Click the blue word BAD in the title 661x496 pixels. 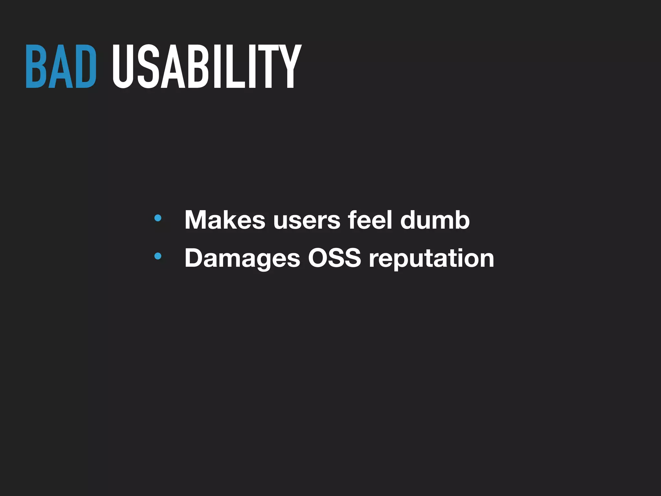61,67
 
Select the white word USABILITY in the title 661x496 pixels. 207,67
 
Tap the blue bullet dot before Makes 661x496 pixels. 158,218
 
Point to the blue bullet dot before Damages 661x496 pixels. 158,256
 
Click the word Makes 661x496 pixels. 225,220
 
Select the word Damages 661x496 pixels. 242,258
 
